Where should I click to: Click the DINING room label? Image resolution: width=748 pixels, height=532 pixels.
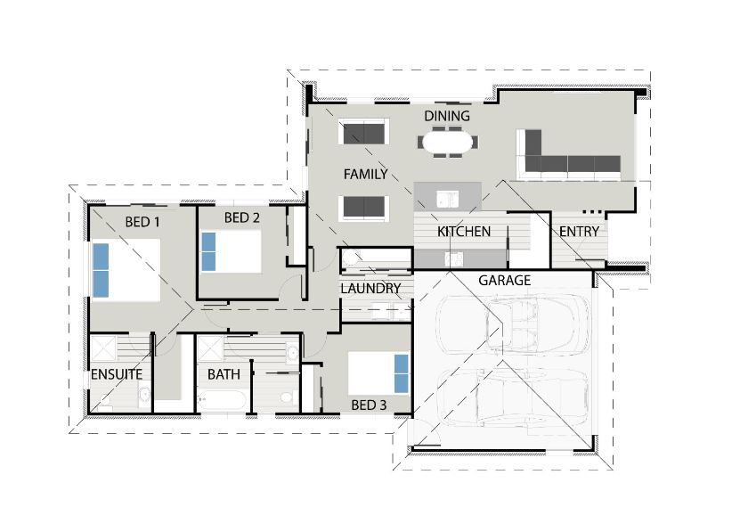[x=447, y=116]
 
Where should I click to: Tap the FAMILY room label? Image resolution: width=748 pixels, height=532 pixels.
[x=366, y=175]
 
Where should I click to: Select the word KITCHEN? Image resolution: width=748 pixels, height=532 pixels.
[x=464, y=232]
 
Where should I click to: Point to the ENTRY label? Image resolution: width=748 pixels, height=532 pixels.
[x=579, y=232]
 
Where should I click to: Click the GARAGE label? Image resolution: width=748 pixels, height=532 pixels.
[x=504, y=281]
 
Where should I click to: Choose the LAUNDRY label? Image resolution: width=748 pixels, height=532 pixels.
[x=370, y=289]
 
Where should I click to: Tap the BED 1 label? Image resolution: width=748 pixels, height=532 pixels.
[x=142, y=222]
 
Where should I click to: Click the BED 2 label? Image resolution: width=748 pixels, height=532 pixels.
[x=242, y=217]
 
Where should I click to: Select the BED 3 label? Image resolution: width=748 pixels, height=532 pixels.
[x=369, y=405]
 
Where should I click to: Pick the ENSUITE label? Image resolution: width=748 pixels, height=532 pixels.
[x=117, y=374]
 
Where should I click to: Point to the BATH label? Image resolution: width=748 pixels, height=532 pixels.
[x=224, y=374]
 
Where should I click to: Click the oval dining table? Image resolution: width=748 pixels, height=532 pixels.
[x=447, y=143]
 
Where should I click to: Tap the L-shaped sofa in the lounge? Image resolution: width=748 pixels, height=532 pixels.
[x=569, y=154]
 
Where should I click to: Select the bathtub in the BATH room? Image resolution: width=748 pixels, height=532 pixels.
[x=222, y=401]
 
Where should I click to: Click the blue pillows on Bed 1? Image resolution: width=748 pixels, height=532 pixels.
[x=101, y=270]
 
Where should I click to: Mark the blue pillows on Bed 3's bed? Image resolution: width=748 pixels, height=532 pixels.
[x=402, y=373]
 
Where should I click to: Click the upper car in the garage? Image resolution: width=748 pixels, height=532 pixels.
[x=514, y=323]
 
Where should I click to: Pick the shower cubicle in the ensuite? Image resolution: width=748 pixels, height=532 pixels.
[x=103, y=348]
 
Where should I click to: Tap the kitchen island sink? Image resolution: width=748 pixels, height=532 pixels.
[x=447, y=199]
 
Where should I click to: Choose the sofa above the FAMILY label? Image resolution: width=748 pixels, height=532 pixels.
[x=364, y=132]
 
